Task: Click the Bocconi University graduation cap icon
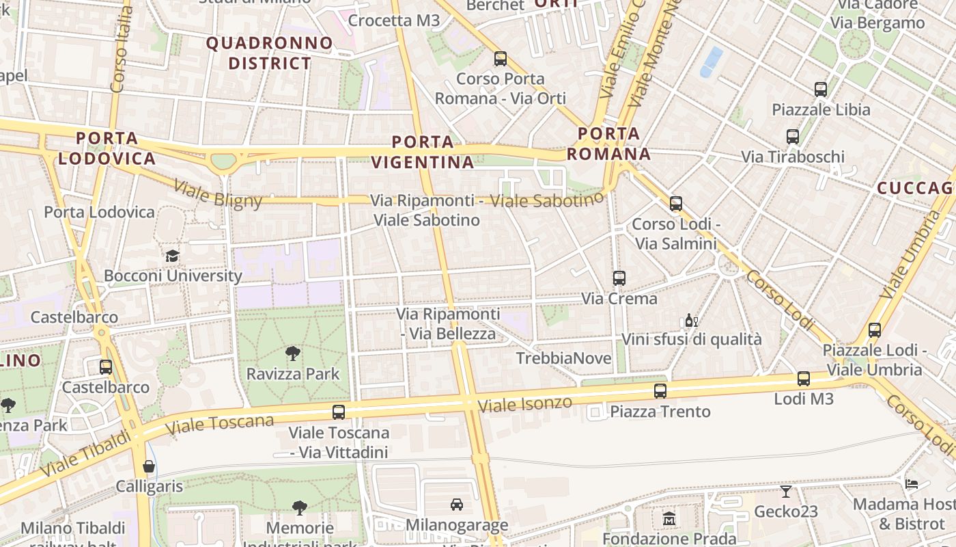[172, 256]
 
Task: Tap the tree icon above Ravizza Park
[293, 353]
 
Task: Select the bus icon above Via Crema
[619, 278]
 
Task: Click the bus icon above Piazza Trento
[660, 391]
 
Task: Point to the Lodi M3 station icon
[804, 379]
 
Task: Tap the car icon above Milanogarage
[457, 505]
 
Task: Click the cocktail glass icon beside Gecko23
[786, 491]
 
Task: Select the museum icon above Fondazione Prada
[669, 518]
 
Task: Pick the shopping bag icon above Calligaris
[149, 466]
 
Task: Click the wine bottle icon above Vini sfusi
[691, 320]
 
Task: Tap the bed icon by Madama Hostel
[912, 484]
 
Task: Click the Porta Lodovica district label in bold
[107, 148]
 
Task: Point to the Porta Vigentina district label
[423, 152]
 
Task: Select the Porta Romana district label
[608, 144]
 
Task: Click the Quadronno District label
[270, 53]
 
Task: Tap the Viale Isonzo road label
[524, 403]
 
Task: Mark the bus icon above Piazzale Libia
[821, 90]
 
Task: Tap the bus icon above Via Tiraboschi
[793, 137]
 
